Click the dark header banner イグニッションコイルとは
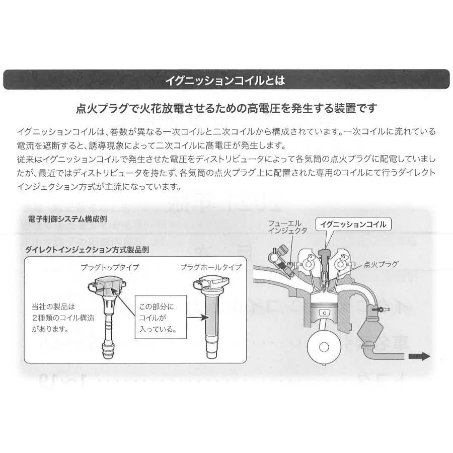(x=226, y=80)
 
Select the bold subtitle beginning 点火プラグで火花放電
(x=226, y=108)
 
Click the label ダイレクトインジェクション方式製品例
(x=87, y=250)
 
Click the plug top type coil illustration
(x=107, y=307)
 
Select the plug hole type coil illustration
(x=208, y=312)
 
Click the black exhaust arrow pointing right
(x=418, y=356)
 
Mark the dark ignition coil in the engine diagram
(x=325, y=257)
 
